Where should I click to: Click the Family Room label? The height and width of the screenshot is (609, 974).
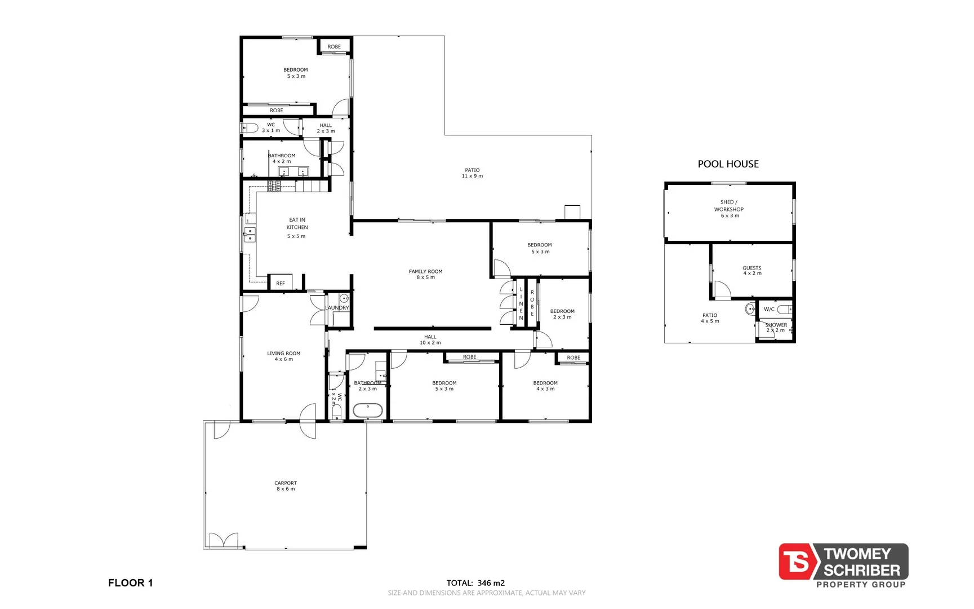[x=425, y=274]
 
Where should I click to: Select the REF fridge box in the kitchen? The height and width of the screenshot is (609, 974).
[x=281, y=283]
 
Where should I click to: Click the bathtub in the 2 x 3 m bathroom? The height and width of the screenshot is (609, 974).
[x=368, y=410]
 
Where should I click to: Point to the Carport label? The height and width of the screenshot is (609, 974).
[x=286, y=486]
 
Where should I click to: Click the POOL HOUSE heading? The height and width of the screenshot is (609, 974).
[x=728, y=164]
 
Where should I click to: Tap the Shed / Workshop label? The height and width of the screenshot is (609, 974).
[x=729, y=209]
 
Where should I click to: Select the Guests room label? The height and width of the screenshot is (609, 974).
[x=751, y=271]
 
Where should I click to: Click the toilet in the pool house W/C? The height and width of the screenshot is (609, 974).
[x=785, y=310]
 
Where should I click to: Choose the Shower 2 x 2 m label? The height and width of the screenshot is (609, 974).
[x=776, y=327]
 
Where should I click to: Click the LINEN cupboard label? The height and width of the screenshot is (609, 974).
[x=521, y=303]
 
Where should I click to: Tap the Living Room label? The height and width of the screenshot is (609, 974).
[x=283, y=356]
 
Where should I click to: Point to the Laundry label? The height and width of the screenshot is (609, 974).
[x=337, y=308]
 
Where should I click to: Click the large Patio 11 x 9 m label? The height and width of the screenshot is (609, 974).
[x=472, y=173]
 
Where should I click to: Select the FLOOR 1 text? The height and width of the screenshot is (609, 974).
[x=130, y=583]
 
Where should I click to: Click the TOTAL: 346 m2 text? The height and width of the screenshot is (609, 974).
[x=475, y=583]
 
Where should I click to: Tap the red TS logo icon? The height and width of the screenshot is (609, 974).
[x=795, y=562]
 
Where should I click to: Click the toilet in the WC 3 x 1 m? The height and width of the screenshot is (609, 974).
[x=250, y=128]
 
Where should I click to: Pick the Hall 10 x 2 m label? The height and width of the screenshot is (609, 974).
[x=430, y=339]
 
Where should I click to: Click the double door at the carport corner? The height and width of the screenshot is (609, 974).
[x=224, y=540]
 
